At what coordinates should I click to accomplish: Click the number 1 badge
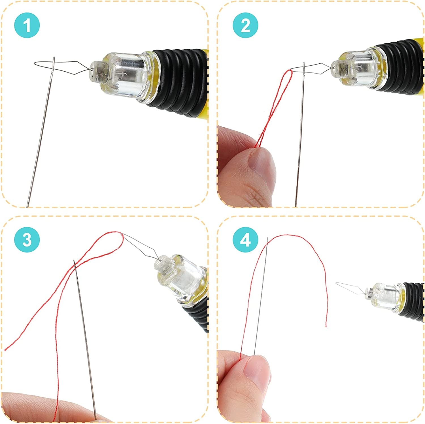(x=27, y=25)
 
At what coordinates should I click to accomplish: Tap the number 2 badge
(x=245, y=25)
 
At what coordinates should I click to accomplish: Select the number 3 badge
(x=27, y=240)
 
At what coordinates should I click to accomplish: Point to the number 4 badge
(x=245, y=240)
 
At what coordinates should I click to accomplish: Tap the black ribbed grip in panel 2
(x=402, y=65)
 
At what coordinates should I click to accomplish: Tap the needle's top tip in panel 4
(x=267, y=239)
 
